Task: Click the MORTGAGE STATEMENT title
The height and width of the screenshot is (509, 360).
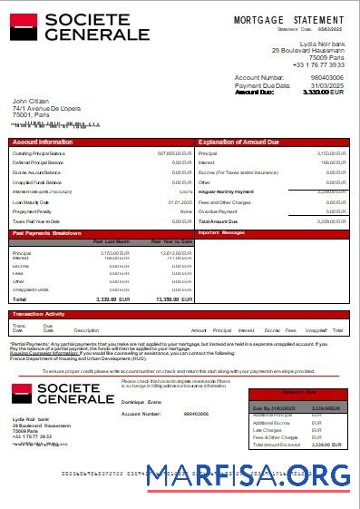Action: (288, 19)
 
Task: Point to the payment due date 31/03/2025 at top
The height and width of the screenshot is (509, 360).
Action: (327, 85)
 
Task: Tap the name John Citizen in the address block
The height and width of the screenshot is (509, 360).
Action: (31, 101)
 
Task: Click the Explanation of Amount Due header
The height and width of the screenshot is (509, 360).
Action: (238, 142)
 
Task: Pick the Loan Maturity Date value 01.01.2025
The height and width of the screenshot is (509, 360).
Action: (180, 201)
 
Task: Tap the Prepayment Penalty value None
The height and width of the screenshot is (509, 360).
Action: (186, 211)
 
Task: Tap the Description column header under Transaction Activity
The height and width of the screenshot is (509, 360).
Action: (86, 330)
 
